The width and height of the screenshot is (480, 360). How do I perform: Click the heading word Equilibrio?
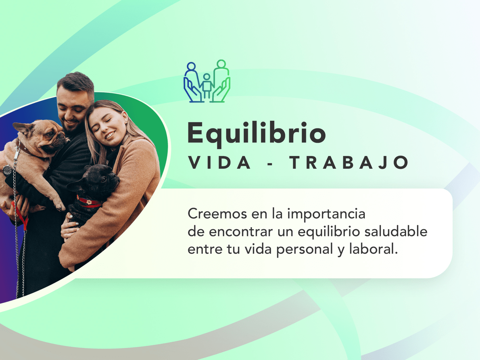click(x=256, y=134)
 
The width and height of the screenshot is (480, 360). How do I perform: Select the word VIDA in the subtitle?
click(x=219, y=162)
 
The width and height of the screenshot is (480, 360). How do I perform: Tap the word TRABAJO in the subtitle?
click(x=349, y=162)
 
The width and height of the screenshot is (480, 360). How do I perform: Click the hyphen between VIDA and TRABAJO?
click(x=270, y=163)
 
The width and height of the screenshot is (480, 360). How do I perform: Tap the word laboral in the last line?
click(x=373, y=249)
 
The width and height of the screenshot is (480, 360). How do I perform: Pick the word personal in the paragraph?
click(x=305, y=250)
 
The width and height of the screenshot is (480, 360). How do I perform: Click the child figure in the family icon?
click(x=207, y=86)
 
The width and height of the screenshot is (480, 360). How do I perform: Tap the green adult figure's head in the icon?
click(x=221, y=64)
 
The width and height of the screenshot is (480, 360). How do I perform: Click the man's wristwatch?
click(x=8, y=170)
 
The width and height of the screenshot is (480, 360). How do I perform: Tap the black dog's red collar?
click(x=89, y=202)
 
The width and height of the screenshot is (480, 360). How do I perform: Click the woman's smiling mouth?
click(x=110, y=135)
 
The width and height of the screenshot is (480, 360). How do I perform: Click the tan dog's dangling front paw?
click(x=59, y=205)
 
